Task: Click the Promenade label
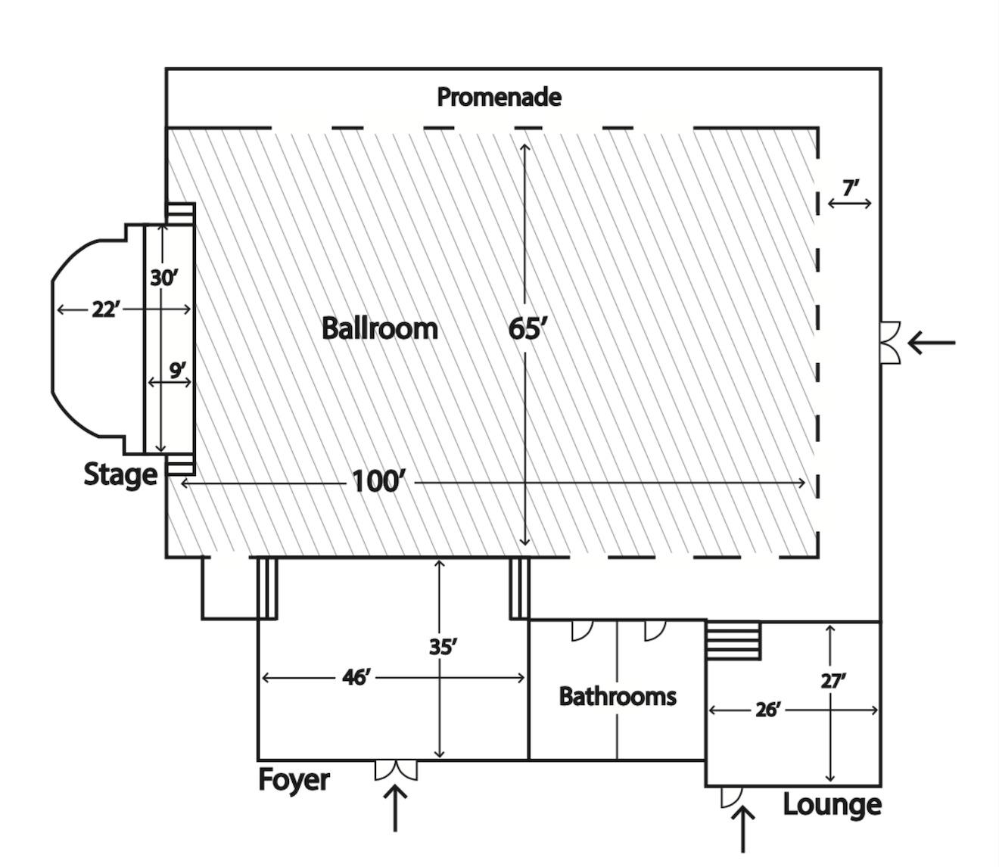pos(499,97)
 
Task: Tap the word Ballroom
pos(379,328)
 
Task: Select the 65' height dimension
pos(527,329)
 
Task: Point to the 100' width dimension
pos(378,481)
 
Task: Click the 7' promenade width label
pos(851,188)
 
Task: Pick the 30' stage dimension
pos(163,278)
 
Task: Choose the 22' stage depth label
pos(105,309)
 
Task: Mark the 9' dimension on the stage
pos(177,371)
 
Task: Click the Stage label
pos(120,474)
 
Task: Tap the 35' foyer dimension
pos(442,648)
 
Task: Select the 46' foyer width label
pos(356,677)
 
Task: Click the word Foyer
pos(294,779)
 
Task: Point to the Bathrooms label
pos(618,696)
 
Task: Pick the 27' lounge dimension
pos(832,681)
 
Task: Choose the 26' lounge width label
pos(767,710)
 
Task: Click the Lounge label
pos(831,804)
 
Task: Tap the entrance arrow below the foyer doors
pos(396,808)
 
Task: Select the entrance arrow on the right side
pos(932,343)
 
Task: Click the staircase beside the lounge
pos(733,640)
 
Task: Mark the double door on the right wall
pos(890,343)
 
